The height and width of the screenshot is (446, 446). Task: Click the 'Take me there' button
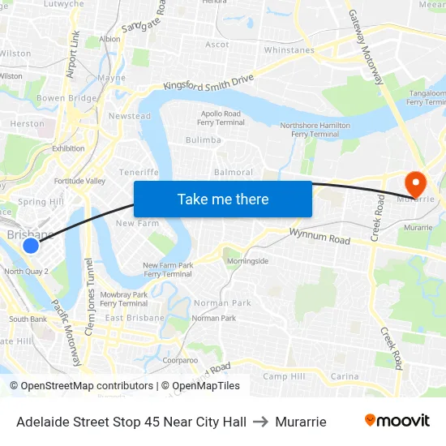point(223,199)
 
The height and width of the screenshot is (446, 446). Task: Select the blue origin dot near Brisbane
point(31,245)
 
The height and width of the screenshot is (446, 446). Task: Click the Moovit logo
point(397,421)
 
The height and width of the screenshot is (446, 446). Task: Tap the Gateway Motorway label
point(366,47)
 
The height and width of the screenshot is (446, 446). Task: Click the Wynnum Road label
point(320,236)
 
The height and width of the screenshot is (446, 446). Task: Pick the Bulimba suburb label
point(203,140)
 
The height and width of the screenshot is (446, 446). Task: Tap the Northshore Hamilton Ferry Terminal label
point(315,130)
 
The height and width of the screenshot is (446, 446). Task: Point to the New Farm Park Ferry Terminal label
point(167,270)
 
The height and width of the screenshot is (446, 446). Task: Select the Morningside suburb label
point(247,261)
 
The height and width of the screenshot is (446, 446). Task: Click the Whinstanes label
point(289,50)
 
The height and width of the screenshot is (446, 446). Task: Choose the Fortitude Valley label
point(79,181)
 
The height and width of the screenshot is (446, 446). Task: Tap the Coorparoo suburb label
point(180,359)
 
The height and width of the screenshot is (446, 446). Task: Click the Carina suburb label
point(345,376)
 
